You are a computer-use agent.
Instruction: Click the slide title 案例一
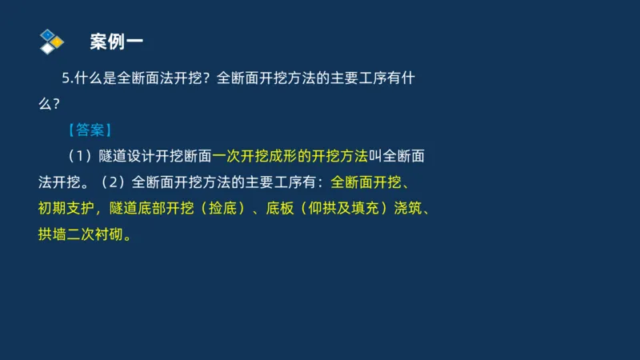tap(117, 41)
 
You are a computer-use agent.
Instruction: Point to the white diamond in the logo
tap(48, 48)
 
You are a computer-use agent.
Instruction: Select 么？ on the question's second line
tap(49, 104)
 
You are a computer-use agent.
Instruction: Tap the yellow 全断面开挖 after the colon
tap(364, 181)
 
